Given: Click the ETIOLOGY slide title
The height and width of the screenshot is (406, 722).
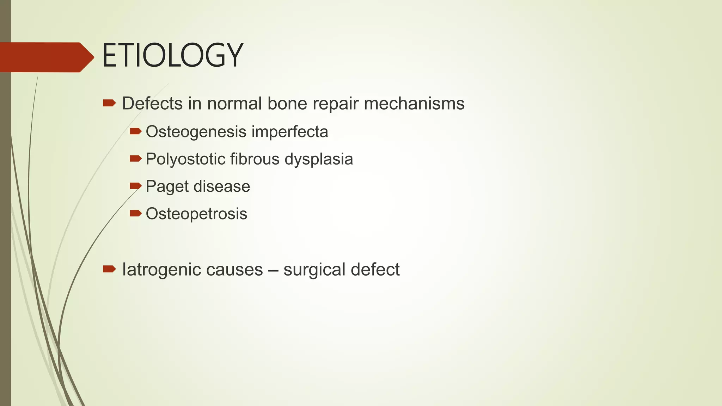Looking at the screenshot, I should pos(172,56).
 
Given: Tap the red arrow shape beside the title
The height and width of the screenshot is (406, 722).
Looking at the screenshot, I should pos(46,57).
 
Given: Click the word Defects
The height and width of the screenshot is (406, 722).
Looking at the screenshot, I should pos(152,104).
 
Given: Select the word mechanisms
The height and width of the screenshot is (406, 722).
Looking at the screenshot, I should pos(414,104).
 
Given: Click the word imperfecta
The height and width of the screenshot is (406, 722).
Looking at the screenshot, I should pos(289,132).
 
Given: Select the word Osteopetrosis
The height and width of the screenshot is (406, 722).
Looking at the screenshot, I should pos(196,214).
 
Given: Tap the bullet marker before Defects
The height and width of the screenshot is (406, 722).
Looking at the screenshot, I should pos(109,103).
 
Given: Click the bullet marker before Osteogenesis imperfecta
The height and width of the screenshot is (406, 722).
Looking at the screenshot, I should pos(135,131).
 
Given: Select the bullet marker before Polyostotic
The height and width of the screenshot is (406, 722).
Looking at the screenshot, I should pos(135,159).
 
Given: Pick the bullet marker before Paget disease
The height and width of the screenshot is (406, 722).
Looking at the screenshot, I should pos(135,186).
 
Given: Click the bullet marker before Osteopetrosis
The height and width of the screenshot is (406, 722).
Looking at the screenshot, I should pos(135,213).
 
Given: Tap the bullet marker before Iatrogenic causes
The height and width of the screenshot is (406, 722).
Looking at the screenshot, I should pos(109,269).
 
